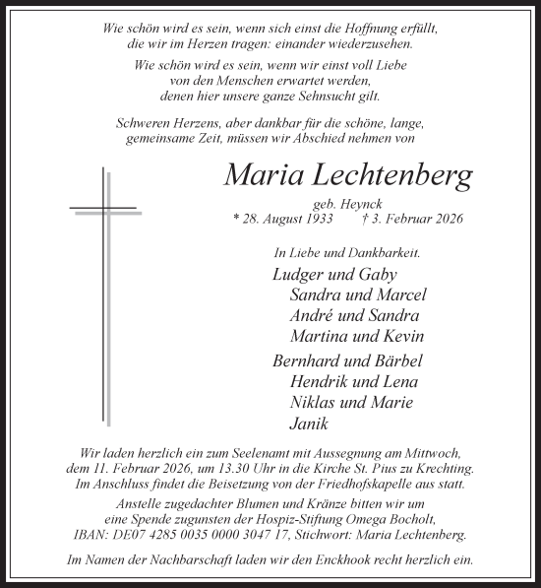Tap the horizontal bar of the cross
coord(102,208)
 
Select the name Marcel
coord(401,295)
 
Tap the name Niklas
coord(315,402)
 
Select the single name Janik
coord(309,424)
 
